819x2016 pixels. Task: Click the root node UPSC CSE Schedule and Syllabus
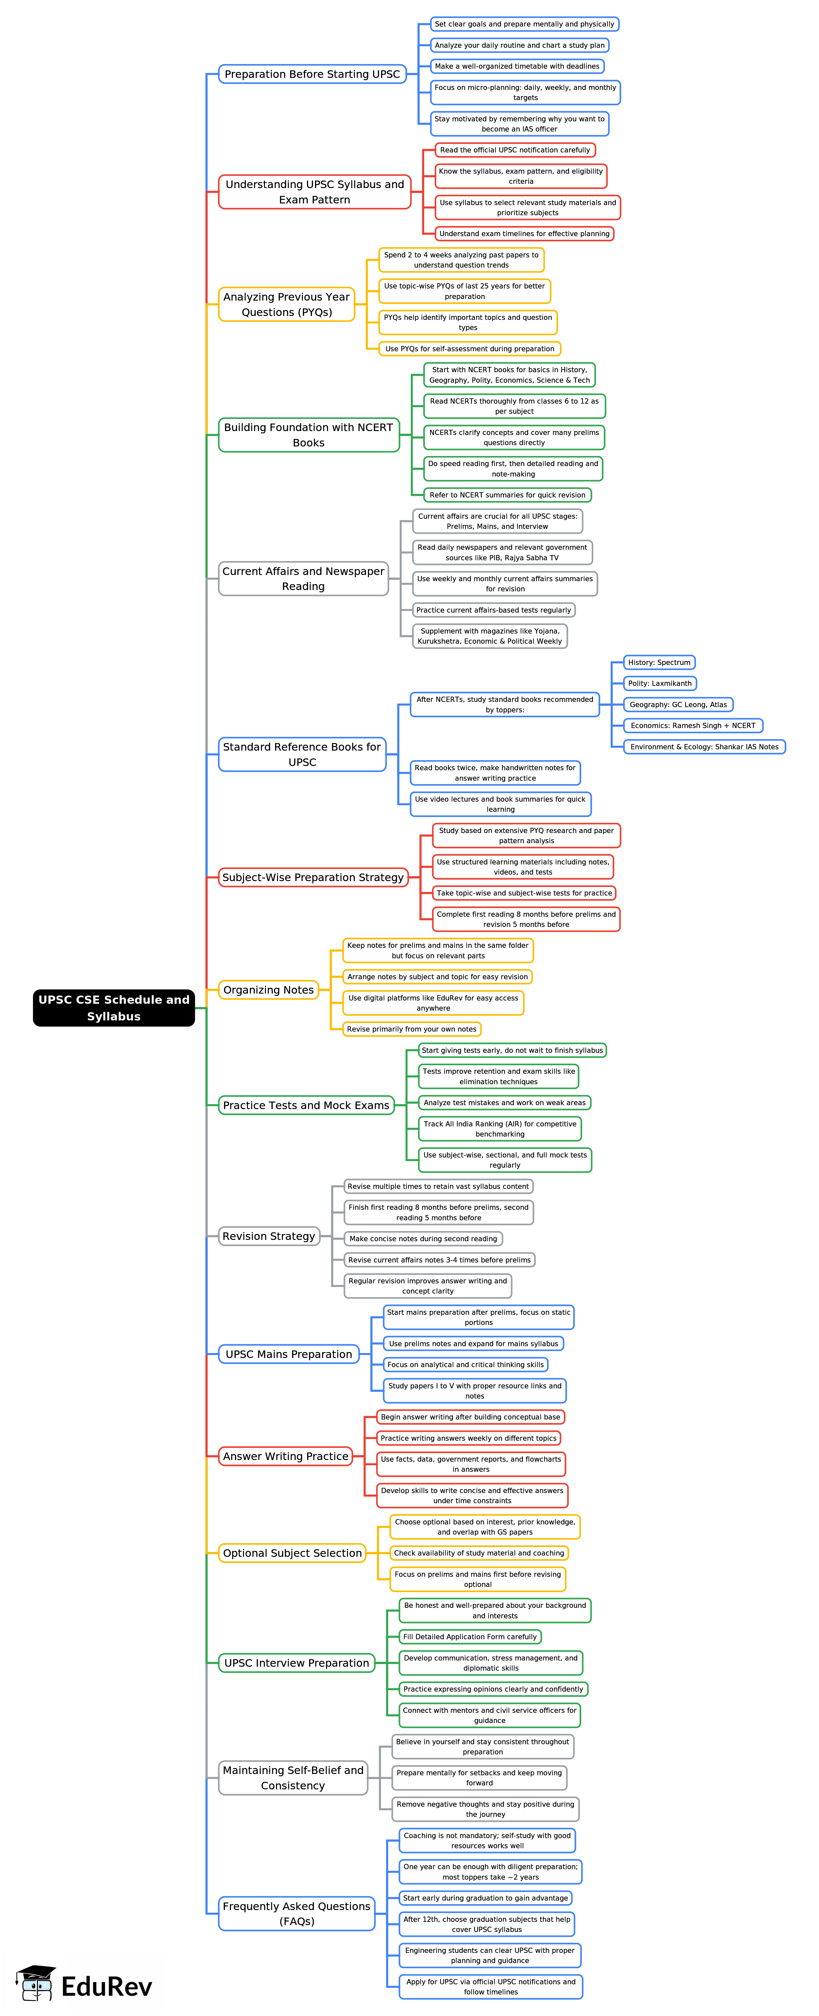[113, 1007]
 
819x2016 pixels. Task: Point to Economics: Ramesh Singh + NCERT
[692, 725]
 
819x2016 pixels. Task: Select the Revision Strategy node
[269, 1236]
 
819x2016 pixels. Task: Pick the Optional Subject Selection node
[292, 1553]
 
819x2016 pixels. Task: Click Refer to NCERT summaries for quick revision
[507, 495]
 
